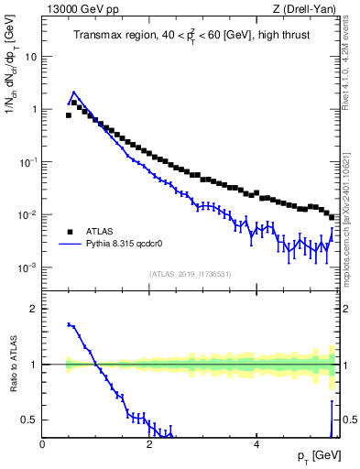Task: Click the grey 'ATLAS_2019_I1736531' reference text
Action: click(190, 275)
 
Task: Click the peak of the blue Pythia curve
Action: click(74, 92)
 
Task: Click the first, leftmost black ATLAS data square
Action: click(68, 115)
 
